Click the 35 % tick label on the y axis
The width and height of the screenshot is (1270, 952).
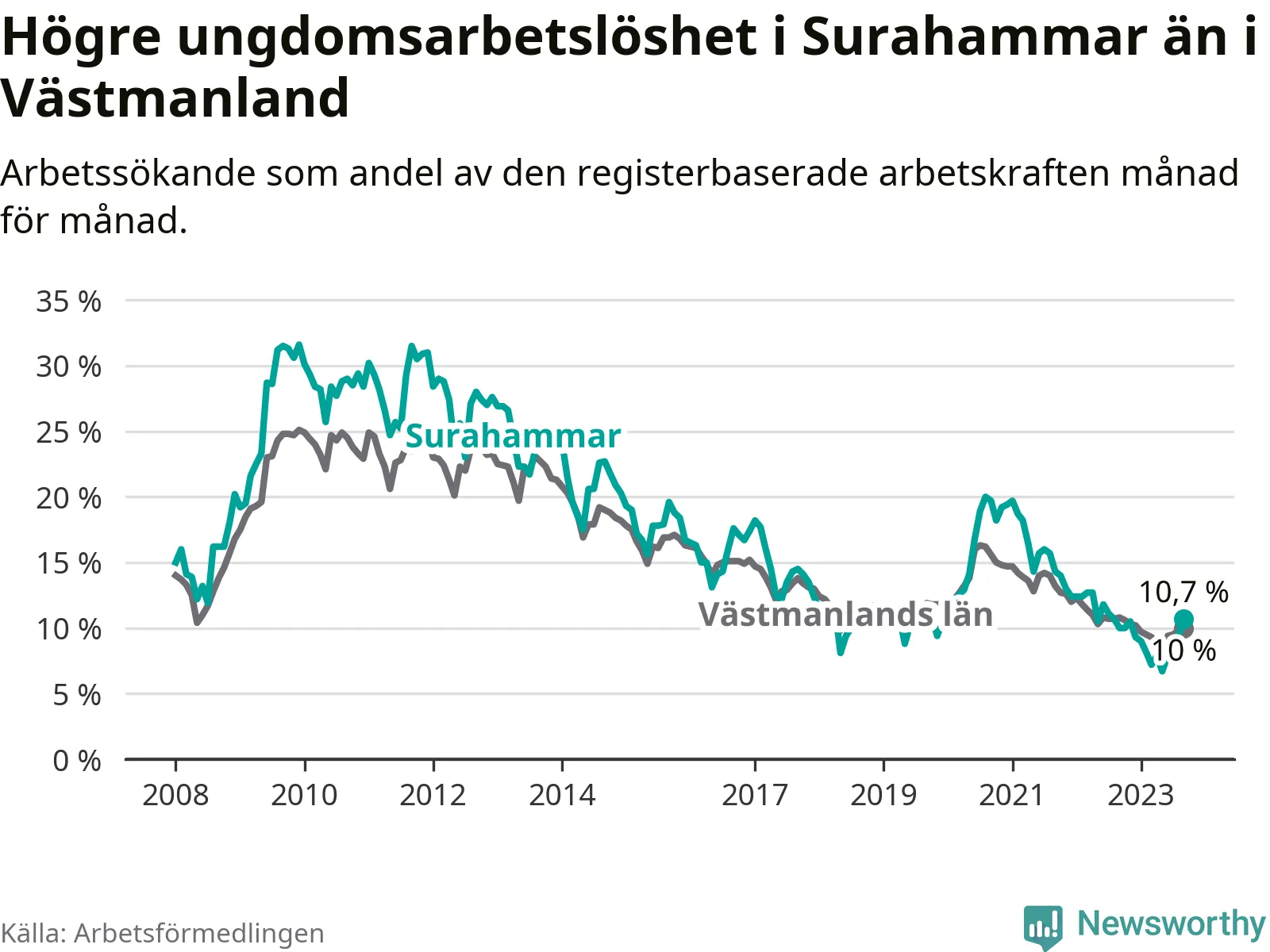tap(69, 301)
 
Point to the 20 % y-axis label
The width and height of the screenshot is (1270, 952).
tap(69, 497)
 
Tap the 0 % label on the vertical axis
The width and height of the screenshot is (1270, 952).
tap(77, 761)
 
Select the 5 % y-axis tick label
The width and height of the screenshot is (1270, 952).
tap(77, 695)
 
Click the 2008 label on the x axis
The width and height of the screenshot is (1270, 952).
tap(175, 795)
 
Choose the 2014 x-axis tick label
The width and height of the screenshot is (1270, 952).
tap(562, 795)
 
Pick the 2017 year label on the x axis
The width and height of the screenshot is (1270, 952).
tap(755, 795)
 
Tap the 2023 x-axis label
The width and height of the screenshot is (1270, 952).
tap(1141, 795)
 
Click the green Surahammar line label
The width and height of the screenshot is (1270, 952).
tap(514, 436)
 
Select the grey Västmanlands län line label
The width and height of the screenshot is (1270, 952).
tap(845, 613)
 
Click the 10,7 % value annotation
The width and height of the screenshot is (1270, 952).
tap(1183, 592)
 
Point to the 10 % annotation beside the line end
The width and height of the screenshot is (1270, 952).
tap(1183, 651)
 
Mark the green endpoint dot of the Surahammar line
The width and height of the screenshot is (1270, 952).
tap(1183, 620)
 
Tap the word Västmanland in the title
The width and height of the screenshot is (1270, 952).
tap(175, 98)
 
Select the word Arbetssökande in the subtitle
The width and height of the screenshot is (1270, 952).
tap(128, 172)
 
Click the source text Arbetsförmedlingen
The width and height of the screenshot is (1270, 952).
tap(199, 932)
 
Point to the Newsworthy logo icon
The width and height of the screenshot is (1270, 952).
tap(1043, 927)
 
